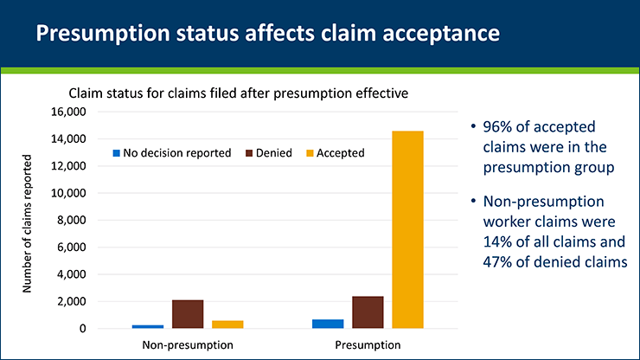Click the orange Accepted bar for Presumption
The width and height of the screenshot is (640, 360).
click(x=407, y=229)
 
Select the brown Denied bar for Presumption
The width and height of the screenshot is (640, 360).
click(x=368, y=312)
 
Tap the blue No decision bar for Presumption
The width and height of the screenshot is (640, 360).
click(x=328, y=324)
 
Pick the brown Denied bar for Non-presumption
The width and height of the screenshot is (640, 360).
click(x=188, y=314)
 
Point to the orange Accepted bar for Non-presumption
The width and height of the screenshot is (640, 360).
click(x=227, y=325)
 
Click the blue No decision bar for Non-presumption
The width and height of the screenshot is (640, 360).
click(x=148, y=326)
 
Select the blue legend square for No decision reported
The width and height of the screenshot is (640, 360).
click(x=116, y=153)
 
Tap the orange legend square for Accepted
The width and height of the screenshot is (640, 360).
click(x=308, y=153)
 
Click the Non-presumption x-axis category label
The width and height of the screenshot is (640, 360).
click(x=188, y=345)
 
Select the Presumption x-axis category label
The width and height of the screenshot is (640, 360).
click(x=368, y=345)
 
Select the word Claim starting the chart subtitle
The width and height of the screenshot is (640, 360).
click(x=85, y=93)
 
